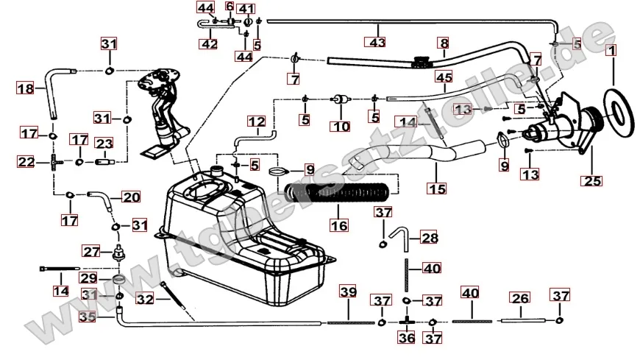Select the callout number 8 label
click(x=443, y=43)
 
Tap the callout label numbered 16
click(x=339, y=225)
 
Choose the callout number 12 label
click(x=255, y=121)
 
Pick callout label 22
click(x=26, y=161)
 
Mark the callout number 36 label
click(x=406, y=339)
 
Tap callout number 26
click(x=520, y=298)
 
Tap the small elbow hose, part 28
click(x=402, y=237)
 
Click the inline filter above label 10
click(x=341, y=99)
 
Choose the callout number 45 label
click(x=443, y=77)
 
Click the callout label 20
click(x=130, y=197)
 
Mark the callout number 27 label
click(x=90, y=251)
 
